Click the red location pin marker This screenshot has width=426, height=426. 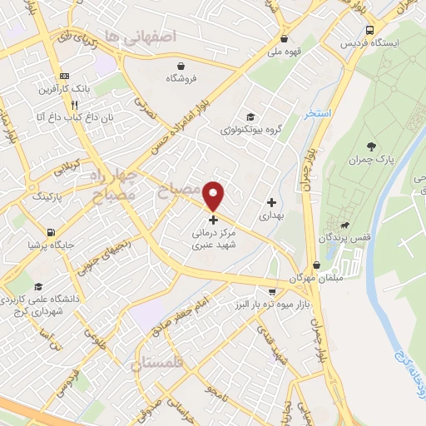tap(214, 196)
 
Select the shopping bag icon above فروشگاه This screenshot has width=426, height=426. tap(181, 66)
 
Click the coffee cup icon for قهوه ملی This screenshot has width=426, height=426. tap(285, 38)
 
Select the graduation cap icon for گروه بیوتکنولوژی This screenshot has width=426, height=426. tap(250, 116)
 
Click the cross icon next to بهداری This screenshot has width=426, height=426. tap(271, 202)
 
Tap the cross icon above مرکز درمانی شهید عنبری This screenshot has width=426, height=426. tap(214, 220)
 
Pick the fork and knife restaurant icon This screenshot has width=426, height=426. tap(75, 106)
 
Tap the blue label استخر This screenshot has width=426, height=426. tap(318, 112)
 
